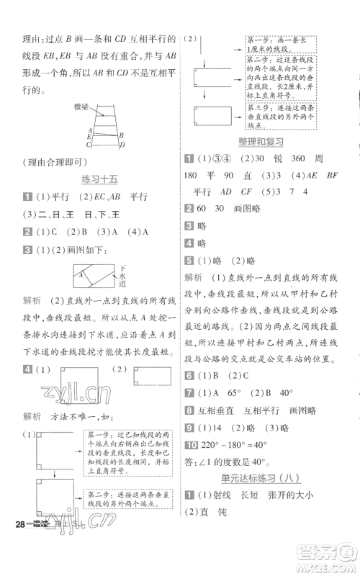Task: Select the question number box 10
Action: click(190, 444)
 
